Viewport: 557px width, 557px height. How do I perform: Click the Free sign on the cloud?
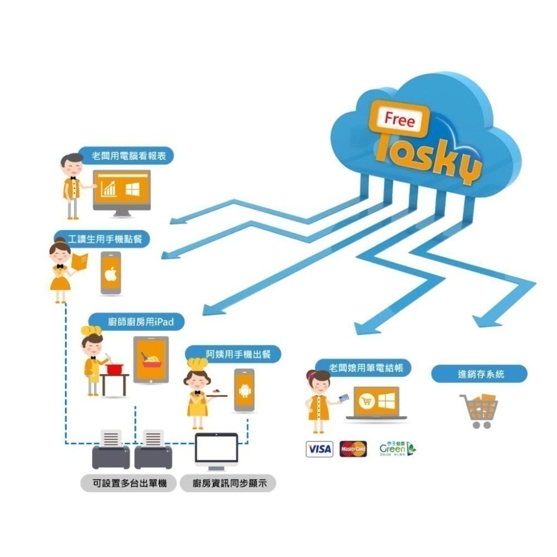coord(399,119)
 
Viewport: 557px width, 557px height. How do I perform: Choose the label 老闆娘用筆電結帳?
coord(363,368)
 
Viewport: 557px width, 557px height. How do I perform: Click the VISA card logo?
coord(319,449)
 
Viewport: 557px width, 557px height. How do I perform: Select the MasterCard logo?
coord(353,449)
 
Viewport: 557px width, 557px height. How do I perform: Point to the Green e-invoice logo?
coord(397,448)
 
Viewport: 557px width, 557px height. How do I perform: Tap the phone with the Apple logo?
coord(110,273)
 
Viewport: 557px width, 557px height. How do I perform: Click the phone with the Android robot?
coord(244,390)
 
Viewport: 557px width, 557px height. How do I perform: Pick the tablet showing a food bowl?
coord(150,359)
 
